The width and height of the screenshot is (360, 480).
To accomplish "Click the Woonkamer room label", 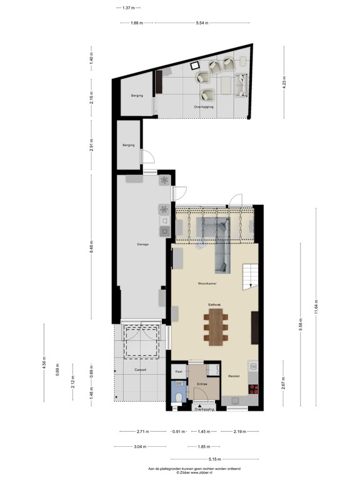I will (207, 283).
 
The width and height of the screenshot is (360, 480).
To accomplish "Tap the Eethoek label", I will (216, 304).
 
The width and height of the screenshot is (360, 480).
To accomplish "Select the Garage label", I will (143, 244).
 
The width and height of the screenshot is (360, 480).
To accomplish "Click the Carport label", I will (140, 370).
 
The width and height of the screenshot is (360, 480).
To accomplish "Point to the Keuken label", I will (234, 376).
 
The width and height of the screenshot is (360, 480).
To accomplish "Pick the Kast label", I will (178, 371).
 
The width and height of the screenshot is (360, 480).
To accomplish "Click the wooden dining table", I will (216, 327).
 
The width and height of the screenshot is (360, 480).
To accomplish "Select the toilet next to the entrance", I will (178, 396).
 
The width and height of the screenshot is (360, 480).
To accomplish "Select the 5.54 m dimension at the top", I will (201, 23).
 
